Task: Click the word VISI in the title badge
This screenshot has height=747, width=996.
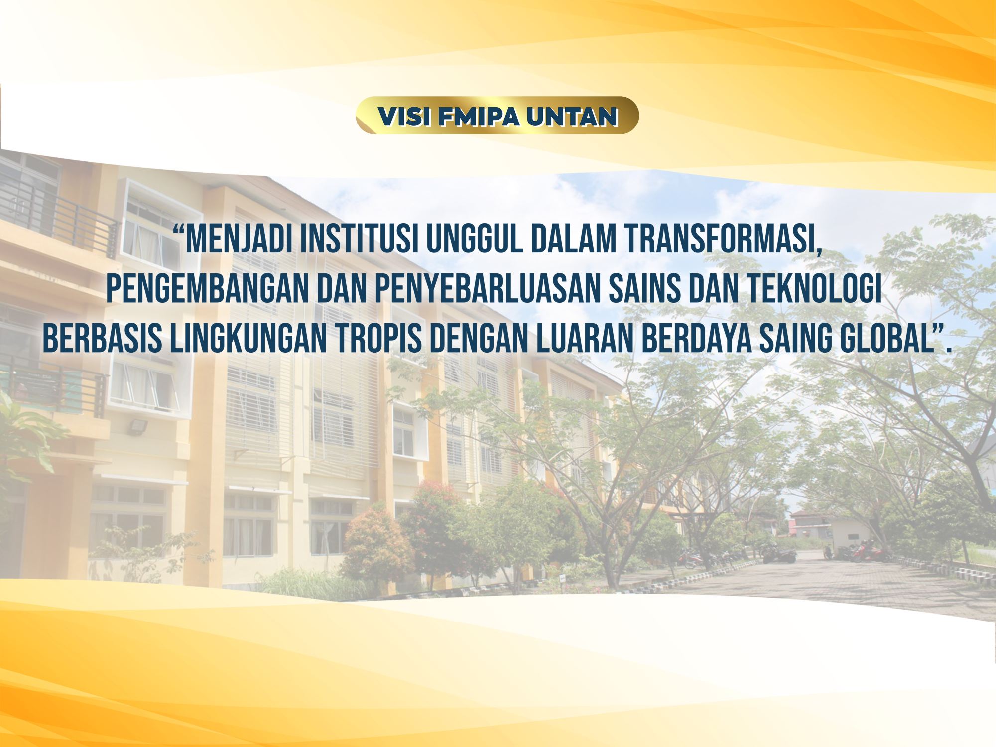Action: pyautogui.click(x=404, y=117)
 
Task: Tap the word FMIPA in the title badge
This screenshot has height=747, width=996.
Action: pyautogui.click(x=479, y=117)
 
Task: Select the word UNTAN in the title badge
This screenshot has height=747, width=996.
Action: pyautogui.click(x=572, y=117)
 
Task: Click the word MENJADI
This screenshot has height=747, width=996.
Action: pyautogui.click(x=239, y=239)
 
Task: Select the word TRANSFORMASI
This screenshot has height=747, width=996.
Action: pyautogui.click(x=721, y=239)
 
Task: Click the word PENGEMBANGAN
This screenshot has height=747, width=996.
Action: pyautogui.click(x=208, y=288)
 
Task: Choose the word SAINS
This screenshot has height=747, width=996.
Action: pyautogui.click(x=645, y=288)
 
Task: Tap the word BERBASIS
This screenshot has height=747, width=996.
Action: pyautogui.click(x=103, y=338)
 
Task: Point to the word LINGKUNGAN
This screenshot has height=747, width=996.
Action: pyautogui.click(x=249, y=338)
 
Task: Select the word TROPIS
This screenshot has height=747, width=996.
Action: pyautogui.click(x=378, y=338)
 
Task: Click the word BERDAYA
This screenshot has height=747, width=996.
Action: pyautogui.click(x=696, y=338)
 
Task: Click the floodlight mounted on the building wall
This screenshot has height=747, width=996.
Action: pyautogui.click(x=138, y=427)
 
